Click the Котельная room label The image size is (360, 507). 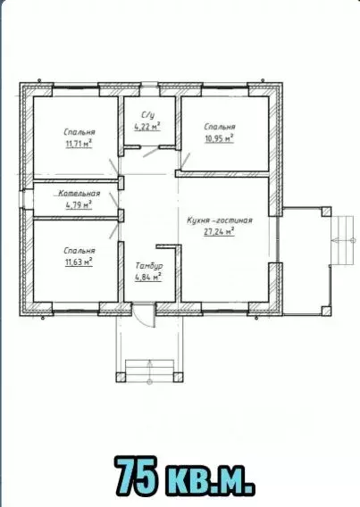click(x=79, y=194)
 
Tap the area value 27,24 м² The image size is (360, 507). click(x=219, y=232)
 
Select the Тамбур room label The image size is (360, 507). click(x=149, y=266)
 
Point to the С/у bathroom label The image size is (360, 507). click(x=147, y=115)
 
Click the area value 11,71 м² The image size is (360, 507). click(x=79, y=144)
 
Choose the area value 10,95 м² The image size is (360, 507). click(x=219, y=138)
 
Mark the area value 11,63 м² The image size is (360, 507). click(x=79, y=262)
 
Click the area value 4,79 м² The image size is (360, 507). click(x=79, y=205)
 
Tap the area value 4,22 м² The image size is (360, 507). click(x=147, y=127)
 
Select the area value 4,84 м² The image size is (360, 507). click(x=148, y=278)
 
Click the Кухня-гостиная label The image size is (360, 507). click(x=220, y=220)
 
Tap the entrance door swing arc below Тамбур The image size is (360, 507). click(x=147, y=321)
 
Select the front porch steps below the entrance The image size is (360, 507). click(x=149, y=370)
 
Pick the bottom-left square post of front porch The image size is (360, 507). click(x=121, y=377)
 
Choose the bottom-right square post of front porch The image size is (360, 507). click(x=179, y=377)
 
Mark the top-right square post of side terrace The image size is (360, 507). click(x=326, y=212)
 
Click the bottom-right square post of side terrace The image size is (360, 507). click(x=326, y=311)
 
